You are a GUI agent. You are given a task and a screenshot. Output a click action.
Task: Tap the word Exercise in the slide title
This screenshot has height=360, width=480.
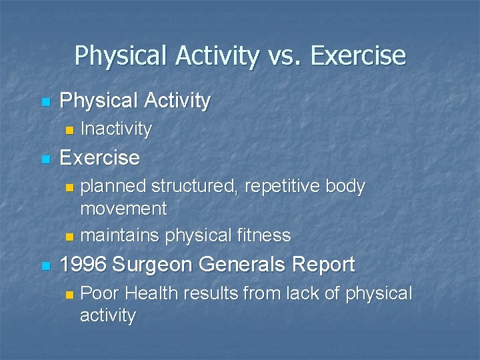click(x=358, y=55)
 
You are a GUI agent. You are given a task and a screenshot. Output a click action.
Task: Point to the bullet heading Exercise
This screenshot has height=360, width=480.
click(x=99, y=158)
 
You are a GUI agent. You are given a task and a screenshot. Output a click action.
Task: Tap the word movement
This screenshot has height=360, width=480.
click(x=123, y=209)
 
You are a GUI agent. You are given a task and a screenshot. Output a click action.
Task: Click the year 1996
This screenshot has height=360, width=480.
click(x=83, y=265)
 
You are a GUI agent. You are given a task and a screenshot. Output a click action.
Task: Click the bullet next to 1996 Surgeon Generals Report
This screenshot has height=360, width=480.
click(x=45, y=265)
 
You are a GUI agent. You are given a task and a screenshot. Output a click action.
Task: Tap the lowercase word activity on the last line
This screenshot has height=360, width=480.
click(x=107, y=315)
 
